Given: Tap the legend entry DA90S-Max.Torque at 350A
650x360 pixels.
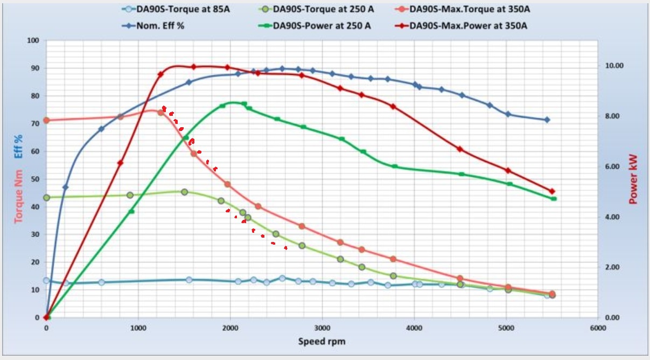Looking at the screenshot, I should coord(462,9).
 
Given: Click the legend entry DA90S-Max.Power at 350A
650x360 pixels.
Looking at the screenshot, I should coord(462,25).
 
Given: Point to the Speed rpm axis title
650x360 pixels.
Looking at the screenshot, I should coord(321,341).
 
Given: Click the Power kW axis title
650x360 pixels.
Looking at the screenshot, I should coord(633,179).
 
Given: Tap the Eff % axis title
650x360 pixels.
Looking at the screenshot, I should coord(19,146).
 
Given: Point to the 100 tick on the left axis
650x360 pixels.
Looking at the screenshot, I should coord(33,40).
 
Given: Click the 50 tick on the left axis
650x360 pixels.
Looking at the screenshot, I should coord(36,179).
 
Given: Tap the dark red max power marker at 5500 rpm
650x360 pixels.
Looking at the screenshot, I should coord(551,191).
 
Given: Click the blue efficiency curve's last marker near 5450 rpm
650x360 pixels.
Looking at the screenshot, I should coord(547,120).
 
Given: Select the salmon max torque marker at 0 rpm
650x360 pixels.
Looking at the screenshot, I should coord(46,120).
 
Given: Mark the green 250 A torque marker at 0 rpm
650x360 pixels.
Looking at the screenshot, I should coord(46,198).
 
